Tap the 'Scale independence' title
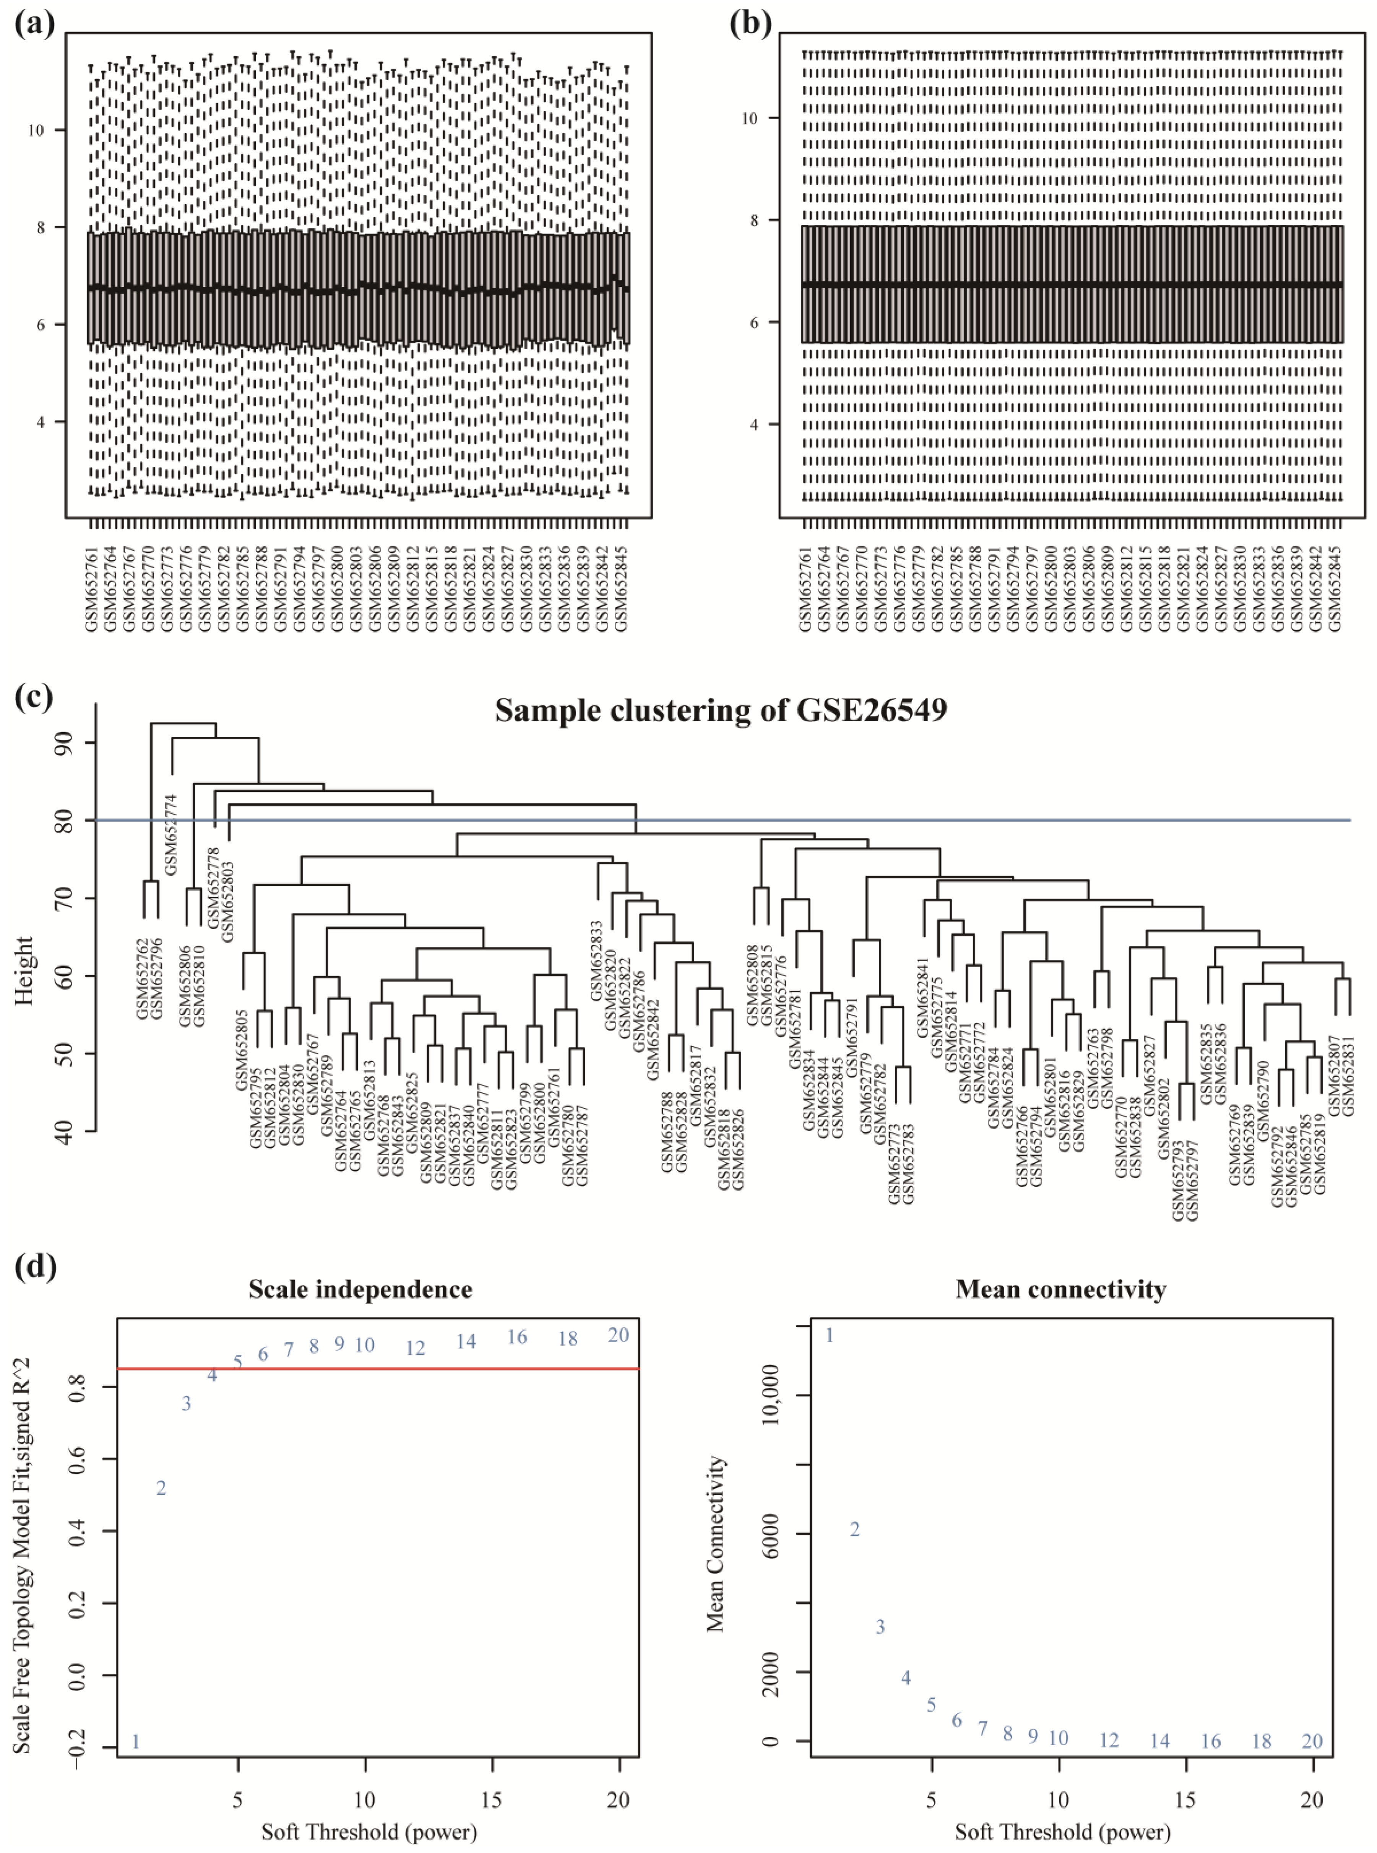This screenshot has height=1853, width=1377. tap(360, 1289)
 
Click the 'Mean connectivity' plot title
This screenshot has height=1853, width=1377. tap(1060, 1289)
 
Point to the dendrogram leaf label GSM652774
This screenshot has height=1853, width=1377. tap(171, 823)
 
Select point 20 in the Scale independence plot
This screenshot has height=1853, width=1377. tap(618, 1335)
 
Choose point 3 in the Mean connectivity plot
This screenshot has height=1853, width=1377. tap(880, 1626)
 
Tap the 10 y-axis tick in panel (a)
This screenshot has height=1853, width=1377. tap(36, 130)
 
